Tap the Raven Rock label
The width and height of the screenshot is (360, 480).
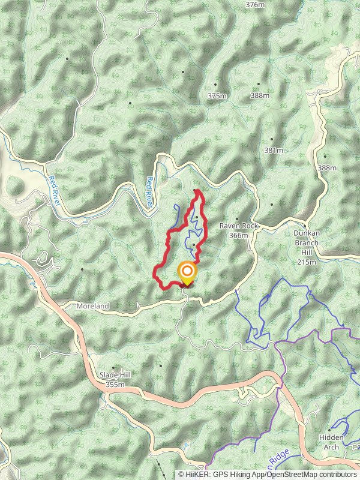coord(238,226)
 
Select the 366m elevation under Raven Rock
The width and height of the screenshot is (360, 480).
coord(238,235)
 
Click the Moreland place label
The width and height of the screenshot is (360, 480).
coord(93,306)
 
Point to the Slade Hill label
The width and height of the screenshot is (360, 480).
coord(115,376)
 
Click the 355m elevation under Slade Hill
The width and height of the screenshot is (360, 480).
coord(115,385)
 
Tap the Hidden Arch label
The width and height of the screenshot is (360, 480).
coord(332,442)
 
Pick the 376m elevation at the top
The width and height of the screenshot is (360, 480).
coord(255,4)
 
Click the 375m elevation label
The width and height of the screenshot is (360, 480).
coord(217,96)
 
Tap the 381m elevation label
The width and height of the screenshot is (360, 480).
coord(273,151)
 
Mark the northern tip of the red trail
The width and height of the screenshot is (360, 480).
coord(197,191)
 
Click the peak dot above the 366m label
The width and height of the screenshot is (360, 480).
coord(237,219)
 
